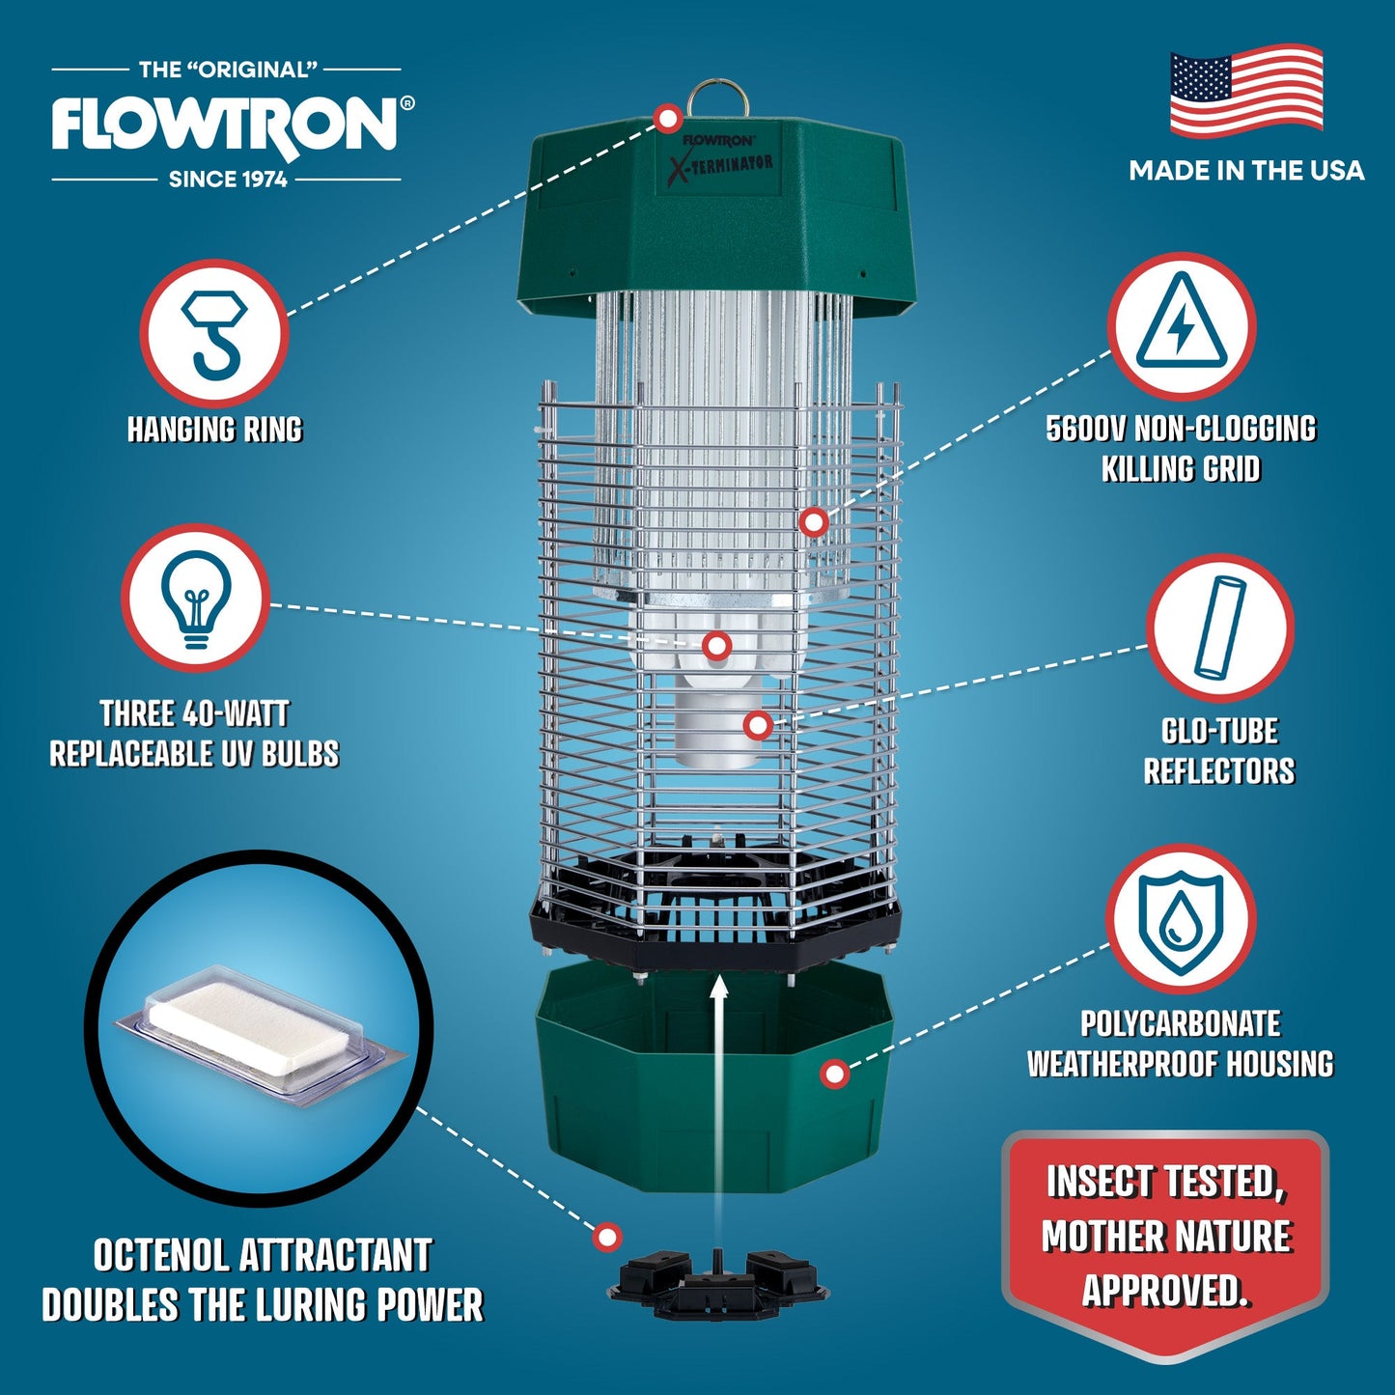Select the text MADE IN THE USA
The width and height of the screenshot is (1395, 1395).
(1246, 171)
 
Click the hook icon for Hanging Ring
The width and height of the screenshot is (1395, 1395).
(214, 333)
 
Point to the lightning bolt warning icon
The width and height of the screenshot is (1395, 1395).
(1181, 326)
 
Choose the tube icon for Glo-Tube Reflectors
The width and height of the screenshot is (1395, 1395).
(1219, 628)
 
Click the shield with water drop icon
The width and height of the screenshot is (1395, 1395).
(1180, 918)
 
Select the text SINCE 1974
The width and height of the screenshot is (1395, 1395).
(228, 180)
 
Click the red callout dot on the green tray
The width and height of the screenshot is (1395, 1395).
(835, 1074)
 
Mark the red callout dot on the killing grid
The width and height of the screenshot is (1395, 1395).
(814, 522)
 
